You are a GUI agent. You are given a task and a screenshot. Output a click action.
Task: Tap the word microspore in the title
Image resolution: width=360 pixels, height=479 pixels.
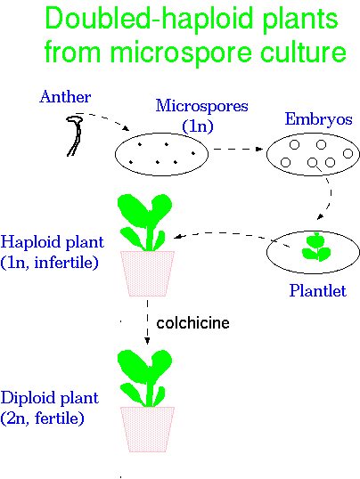[181, 53]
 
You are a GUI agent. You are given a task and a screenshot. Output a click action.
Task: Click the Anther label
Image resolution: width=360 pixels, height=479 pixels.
[65, 97]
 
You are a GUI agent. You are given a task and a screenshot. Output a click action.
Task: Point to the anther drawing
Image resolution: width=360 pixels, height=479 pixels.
[75, 135]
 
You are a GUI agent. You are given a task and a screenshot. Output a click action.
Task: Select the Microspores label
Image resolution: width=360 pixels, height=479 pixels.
[202, 106]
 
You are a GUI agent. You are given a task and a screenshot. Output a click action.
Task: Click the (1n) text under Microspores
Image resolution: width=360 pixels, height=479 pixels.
[198, 126]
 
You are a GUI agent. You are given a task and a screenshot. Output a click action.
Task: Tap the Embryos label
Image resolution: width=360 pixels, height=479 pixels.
[318, 119]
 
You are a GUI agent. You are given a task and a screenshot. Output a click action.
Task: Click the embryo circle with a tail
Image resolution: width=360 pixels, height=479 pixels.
[314, 164]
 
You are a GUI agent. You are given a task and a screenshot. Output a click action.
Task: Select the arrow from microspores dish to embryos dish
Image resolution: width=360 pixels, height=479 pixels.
[238, 149]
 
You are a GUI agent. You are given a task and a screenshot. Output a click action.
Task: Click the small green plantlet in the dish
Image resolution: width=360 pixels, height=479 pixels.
[316, 248]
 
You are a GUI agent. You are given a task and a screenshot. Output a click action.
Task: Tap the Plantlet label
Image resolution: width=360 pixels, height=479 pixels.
[318, 290]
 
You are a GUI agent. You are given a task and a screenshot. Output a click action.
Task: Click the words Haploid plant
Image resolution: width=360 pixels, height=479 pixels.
[53, 242]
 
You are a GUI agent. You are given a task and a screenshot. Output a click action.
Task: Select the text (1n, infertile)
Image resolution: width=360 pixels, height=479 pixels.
[50, 263]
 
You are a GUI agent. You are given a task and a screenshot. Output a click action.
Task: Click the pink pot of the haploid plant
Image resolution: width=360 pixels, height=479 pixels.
[148, 273]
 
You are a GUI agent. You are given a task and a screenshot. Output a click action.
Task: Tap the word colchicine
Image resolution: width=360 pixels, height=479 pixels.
[192, 323]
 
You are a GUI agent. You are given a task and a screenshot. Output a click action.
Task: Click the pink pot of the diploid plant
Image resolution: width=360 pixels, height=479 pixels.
[148, 429]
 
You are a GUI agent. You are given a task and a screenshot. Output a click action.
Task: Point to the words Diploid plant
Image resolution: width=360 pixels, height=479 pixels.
[50, 398]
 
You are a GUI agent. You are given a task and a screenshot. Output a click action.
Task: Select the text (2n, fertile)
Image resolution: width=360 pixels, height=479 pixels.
[43, 418]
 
